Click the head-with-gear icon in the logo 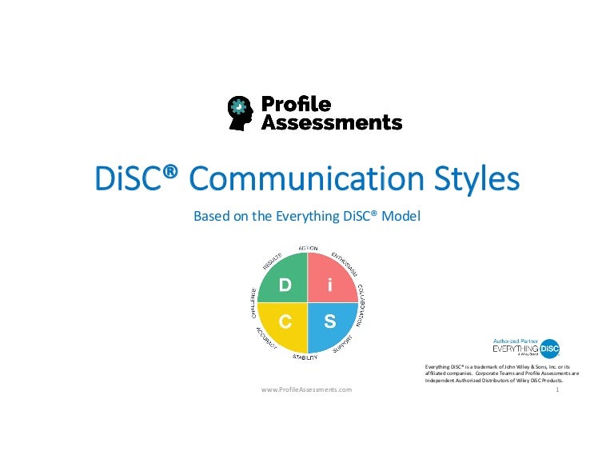click(241, 113)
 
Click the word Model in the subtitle click(403, 216)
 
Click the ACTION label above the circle click(307, 249)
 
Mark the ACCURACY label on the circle click(266, 338)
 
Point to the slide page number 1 click(555, 389)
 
